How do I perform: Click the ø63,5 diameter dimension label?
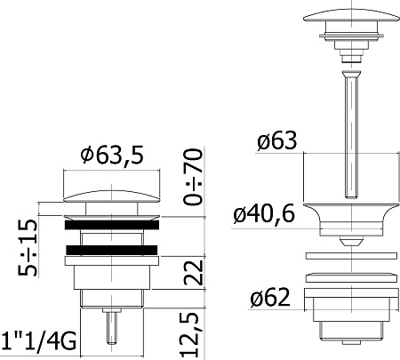112,155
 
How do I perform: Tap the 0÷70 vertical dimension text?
193,177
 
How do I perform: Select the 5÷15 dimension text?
28,248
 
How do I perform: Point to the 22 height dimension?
194,273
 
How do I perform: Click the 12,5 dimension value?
189,335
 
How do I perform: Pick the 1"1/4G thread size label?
39,341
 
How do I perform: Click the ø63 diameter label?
277,140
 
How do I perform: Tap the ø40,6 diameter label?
264,214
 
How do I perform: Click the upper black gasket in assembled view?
112,225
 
